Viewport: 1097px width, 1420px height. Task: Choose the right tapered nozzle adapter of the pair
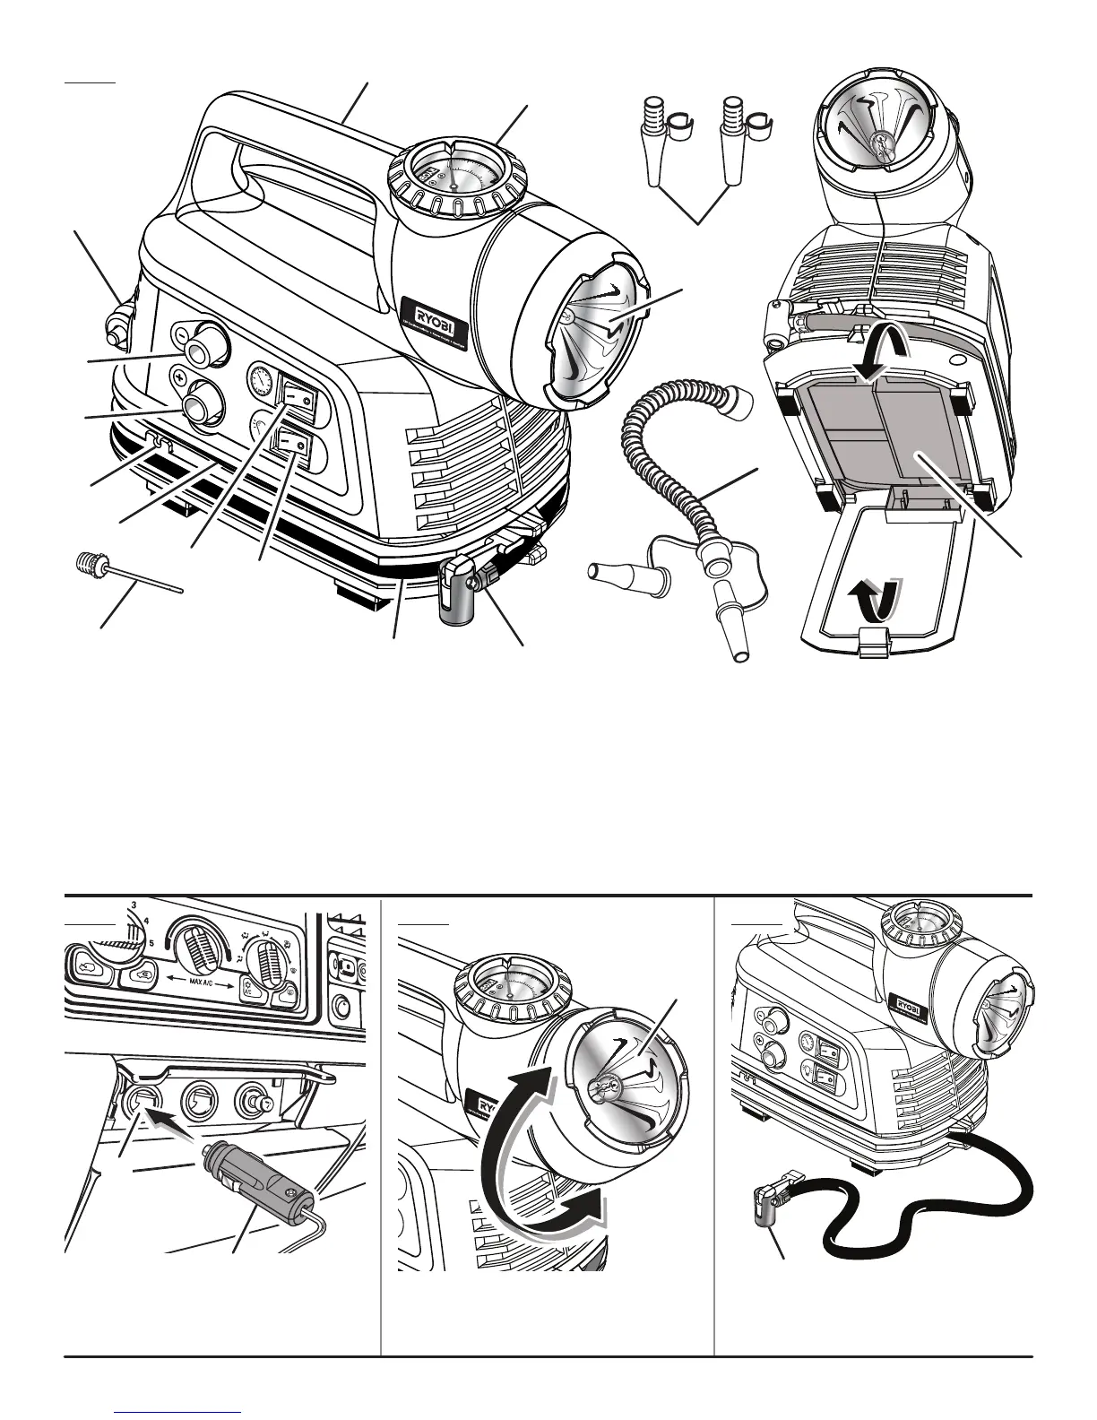click(x=733, y=152)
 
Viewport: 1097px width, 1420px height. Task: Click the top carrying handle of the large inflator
click(x=296, y=126)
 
